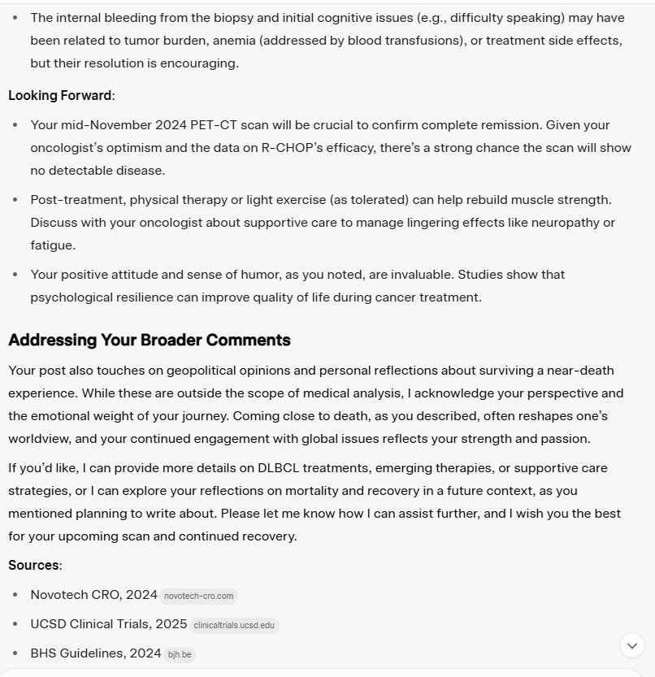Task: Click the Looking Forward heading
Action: pos(60,96)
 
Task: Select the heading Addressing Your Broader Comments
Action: pos(149,340)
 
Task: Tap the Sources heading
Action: pos(34,565)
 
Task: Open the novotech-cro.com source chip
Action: pos(199,596)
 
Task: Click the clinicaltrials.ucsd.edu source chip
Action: pos(234,625)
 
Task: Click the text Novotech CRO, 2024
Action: pos(93,595)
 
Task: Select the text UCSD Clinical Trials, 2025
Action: pos(109,624)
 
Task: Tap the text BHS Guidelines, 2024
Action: pos(96,653)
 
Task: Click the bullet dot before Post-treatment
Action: pos(17,200)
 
